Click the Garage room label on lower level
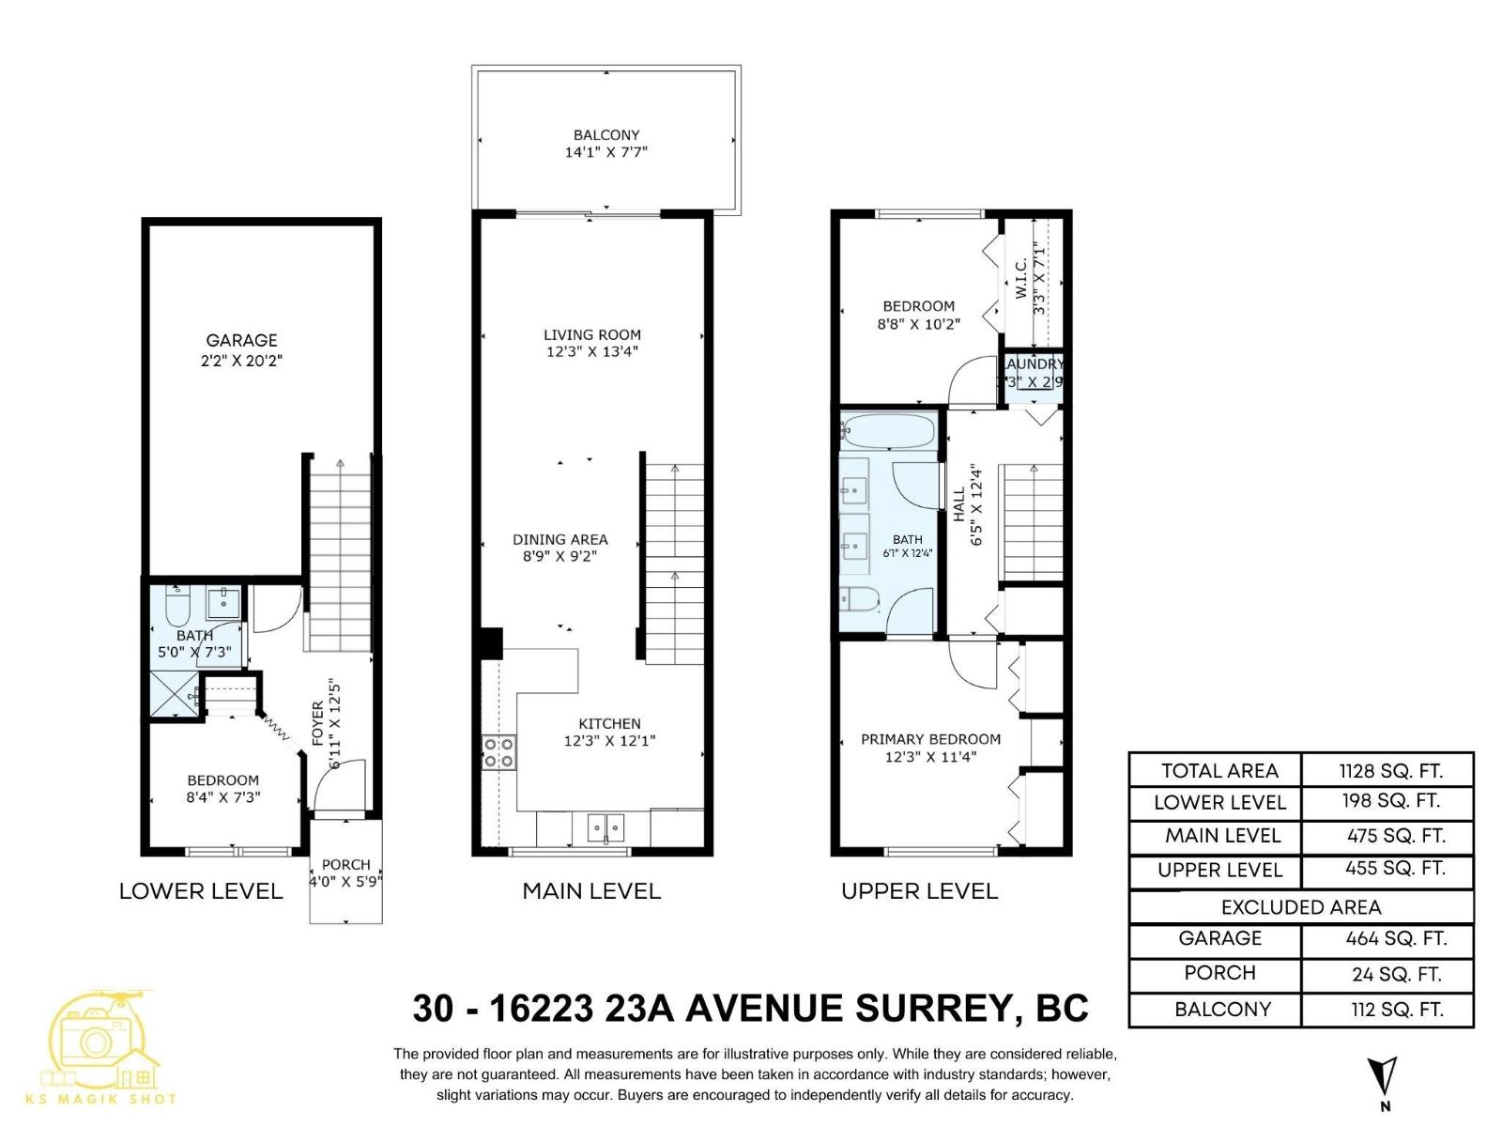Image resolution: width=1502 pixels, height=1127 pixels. (x=241, y=340)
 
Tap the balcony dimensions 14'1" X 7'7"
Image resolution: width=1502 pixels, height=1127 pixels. (x=605, y=152)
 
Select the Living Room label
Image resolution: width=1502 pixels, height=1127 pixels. (x=591, y=334)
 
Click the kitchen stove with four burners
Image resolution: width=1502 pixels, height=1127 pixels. (x=498, y=751)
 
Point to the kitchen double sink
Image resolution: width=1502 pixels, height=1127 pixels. (x=605, y=827)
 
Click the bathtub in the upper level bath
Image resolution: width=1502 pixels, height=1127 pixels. (x=888, y=431)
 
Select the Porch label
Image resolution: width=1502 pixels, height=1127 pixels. (x=345, y=864)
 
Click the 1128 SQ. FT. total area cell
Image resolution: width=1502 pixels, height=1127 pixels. (x=1389, y=771)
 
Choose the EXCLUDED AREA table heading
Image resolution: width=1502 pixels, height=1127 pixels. (x=1300, y=907)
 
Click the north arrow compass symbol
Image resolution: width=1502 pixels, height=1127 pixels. (x=1383, y=1080)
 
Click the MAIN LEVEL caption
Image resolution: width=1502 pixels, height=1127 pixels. (x=591, y=891)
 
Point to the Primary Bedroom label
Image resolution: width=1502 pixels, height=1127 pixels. (x=930, y=739)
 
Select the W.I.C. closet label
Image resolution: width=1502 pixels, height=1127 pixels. (x=1021, y=278)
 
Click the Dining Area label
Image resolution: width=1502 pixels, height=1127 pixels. (x=559, y=539)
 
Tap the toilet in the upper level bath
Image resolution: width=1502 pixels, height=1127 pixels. (x=859, y=597)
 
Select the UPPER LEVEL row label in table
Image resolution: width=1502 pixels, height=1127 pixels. (x=1218, y=870)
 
